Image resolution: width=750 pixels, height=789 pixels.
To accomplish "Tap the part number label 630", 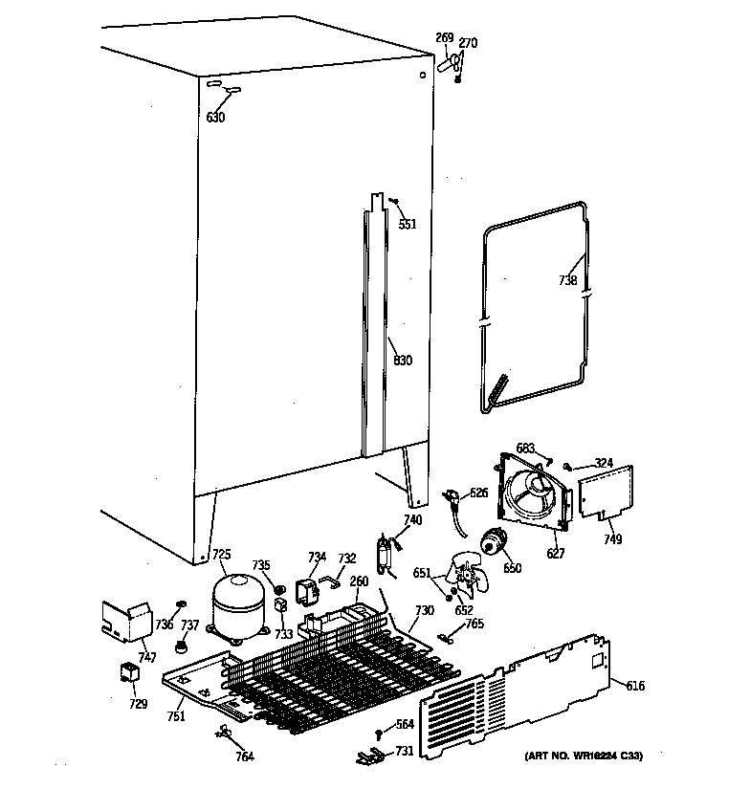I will coord(215,118).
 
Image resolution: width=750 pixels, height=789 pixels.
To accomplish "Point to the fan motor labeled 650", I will coord(496,544).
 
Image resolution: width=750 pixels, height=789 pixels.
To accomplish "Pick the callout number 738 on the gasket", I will coord(568,281).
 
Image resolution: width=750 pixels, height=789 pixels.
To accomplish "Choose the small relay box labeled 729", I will coord(127,675).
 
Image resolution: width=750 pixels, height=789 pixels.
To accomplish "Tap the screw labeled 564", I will coord(379,734).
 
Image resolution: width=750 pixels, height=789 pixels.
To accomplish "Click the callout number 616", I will coord(635,686).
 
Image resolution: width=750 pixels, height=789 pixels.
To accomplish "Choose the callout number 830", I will coord(402,361).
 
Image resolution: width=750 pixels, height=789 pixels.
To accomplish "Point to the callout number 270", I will coord(468,43).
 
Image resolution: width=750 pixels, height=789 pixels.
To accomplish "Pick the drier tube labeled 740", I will coord(387,556).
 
